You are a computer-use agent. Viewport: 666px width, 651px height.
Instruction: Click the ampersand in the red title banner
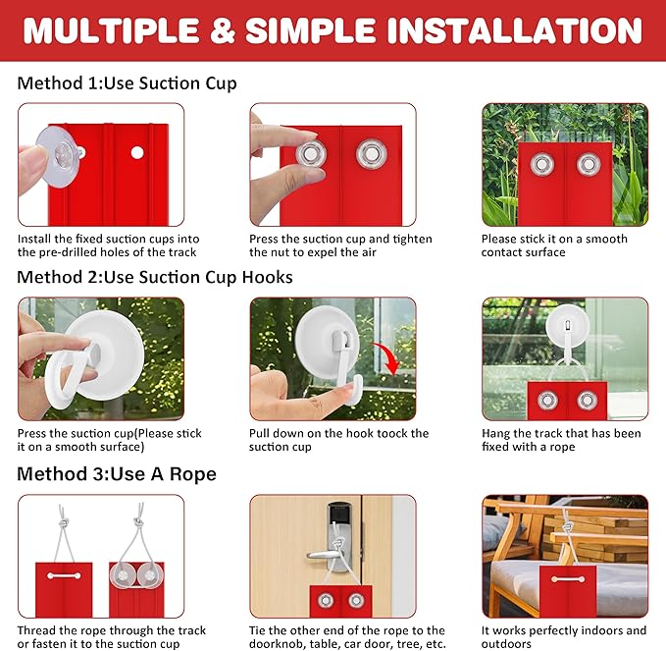click(x=223, y=30)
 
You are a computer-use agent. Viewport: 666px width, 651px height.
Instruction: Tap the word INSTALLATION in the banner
click(x=515, y=30)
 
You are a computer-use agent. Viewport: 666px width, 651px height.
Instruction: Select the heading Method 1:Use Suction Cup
click(x=127, y=82)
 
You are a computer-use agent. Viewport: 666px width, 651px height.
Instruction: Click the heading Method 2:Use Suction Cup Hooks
click(x=155, y=277)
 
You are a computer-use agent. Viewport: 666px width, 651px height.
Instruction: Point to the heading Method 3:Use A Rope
click(x=117, y=473)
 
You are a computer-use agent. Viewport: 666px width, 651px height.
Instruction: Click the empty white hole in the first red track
click(x=137, y=152)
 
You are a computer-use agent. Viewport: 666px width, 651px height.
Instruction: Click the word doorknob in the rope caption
click(x=275, y=644)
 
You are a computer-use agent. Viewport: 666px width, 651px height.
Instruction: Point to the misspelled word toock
click(x=382, y=433)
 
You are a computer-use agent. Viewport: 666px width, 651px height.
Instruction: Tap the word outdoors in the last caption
click(x=506, y=644)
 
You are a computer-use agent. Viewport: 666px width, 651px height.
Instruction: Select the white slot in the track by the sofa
click(x=568, y=579)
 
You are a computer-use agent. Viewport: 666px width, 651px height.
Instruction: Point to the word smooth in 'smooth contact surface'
click(x=606, y=239)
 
